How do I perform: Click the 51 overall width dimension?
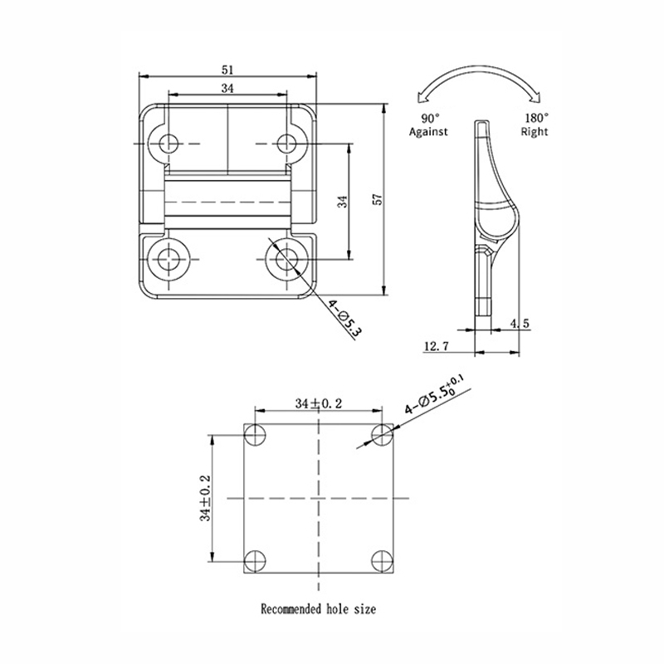227,70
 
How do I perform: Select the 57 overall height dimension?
378,199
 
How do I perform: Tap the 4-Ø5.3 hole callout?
344,316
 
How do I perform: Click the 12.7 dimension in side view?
436,346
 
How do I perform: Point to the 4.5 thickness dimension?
520,324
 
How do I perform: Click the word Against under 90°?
428,132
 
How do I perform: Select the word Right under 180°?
535,132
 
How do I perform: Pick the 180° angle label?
537,118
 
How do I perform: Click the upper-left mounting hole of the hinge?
169,144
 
